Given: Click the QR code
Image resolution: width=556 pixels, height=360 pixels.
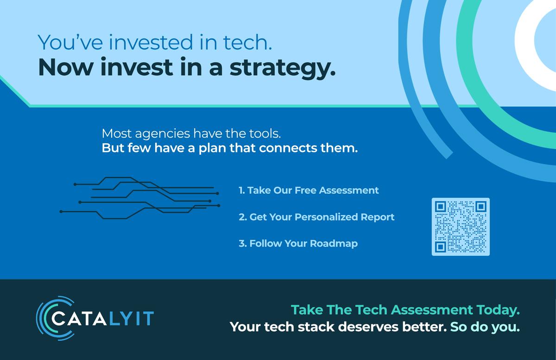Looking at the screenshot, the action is pyautogui.click(x=461, y=227).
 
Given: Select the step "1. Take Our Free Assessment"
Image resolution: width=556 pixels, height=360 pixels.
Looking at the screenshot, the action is pyautogui.click(x=309, y=190).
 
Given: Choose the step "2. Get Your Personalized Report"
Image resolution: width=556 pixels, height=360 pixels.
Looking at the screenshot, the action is pyautogui.click(x=316, y=217).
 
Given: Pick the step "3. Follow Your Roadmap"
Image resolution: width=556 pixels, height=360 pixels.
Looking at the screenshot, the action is pyautogui.click(x=298, y=244).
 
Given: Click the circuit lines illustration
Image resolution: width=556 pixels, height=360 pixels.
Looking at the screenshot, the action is pyautogui.click(x=140, y=198).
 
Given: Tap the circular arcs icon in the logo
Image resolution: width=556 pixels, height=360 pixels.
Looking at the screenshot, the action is pyautogui.click(x=55, y=318).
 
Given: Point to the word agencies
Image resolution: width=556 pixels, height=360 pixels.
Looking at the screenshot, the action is pyautogui.click(x=163, y=134).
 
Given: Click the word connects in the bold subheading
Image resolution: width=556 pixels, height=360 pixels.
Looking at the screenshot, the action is pyautogui.click(x=288, y=148).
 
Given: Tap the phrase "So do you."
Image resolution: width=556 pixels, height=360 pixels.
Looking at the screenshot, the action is pyautogui.click(x=485, y=327).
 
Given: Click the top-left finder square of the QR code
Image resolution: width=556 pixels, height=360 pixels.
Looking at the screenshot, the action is pyautogui.click(x=441, y=207).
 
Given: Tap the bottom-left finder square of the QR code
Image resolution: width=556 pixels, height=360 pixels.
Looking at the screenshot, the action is pyautogui.click(x=441, y=247).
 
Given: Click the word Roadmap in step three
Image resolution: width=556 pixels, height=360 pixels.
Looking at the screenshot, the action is pyautogui.click(x=334, y=244).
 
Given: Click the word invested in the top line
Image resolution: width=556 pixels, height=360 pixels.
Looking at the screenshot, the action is pyautogui.click(x=151, y=43).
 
